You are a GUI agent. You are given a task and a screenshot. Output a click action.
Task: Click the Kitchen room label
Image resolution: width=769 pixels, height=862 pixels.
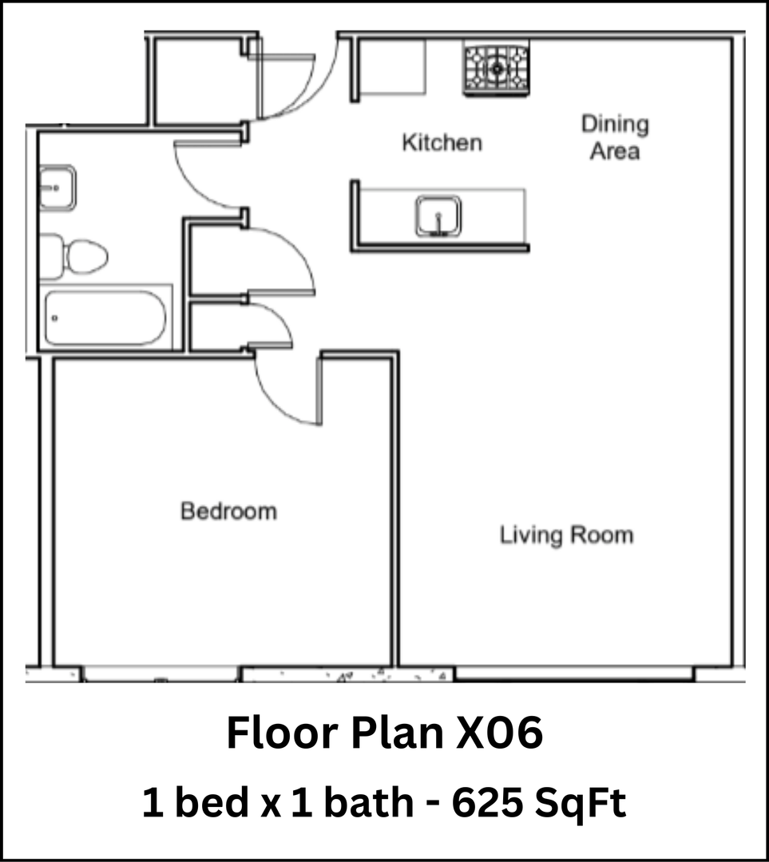[x=442, y=144]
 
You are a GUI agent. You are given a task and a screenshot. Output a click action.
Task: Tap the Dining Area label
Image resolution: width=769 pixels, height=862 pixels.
[x=615, y=137]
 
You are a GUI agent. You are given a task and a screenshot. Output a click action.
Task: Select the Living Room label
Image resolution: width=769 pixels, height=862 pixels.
[x=566, y=535]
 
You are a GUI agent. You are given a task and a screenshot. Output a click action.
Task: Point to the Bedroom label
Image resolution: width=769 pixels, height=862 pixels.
[x=228, y=511]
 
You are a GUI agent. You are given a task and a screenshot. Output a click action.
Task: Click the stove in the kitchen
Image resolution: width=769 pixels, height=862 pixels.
[x=497, y=69]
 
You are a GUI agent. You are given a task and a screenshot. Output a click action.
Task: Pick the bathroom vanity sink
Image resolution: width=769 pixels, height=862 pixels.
[x=57, y=188]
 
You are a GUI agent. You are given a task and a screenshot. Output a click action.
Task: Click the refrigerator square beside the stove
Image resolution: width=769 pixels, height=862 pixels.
[x=390, y=66]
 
